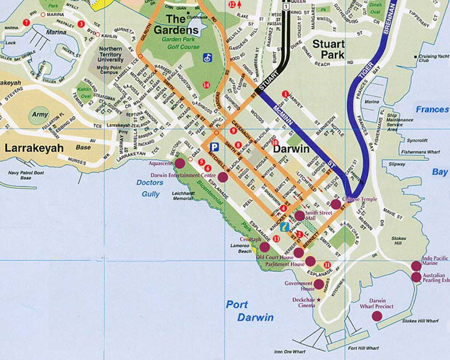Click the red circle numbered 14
point(206,85)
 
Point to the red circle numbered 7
point(26,22)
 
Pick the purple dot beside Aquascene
point(180,164)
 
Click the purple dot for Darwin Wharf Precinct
point(376,315)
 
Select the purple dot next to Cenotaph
point(265,247)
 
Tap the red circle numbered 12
point(232,4)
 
